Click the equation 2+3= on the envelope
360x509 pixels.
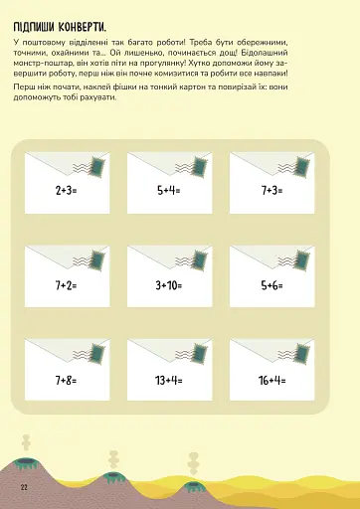66,191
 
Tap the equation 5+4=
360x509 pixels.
169,191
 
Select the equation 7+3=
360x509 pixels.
271,191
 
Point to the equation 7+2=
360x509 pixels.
66,285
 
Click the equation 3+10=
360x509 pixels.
169,285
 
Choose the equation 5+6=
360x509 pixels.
271,285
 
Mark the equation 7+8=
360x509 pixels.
66,380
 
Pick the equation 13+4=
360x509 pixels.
169,380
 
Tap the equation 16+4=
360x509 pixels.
271,380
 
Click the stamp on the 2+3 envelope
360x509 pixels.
98,166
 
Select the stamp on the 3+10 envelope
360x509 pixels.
201,260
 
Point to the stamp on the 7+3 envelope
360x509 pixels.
303,166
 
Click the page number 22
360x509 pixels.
24,487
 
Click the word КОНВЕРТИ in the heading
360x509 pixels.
83,27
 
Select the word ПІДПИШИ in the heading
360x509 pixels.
34,27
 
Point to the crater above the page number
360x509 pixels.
25,461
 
